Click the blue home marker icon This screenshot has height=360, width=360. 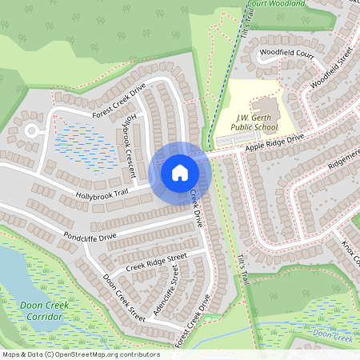pos(179,173)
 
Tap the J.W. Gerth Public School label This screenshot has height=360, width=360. pos(254,121)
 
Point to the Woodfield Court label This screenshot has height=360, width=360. pos(286,54)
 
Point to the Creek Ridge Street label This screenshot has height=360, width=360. pos(156,262)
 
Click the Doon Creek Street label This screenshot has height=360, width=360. pos(123,298)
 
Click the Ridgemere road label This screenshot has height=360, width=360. pos(344,161)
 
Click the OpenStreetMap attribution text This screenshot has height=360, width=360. pos(80,354)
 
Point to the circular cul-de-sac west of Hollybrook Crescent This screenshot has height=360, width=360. pos(32,130)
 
